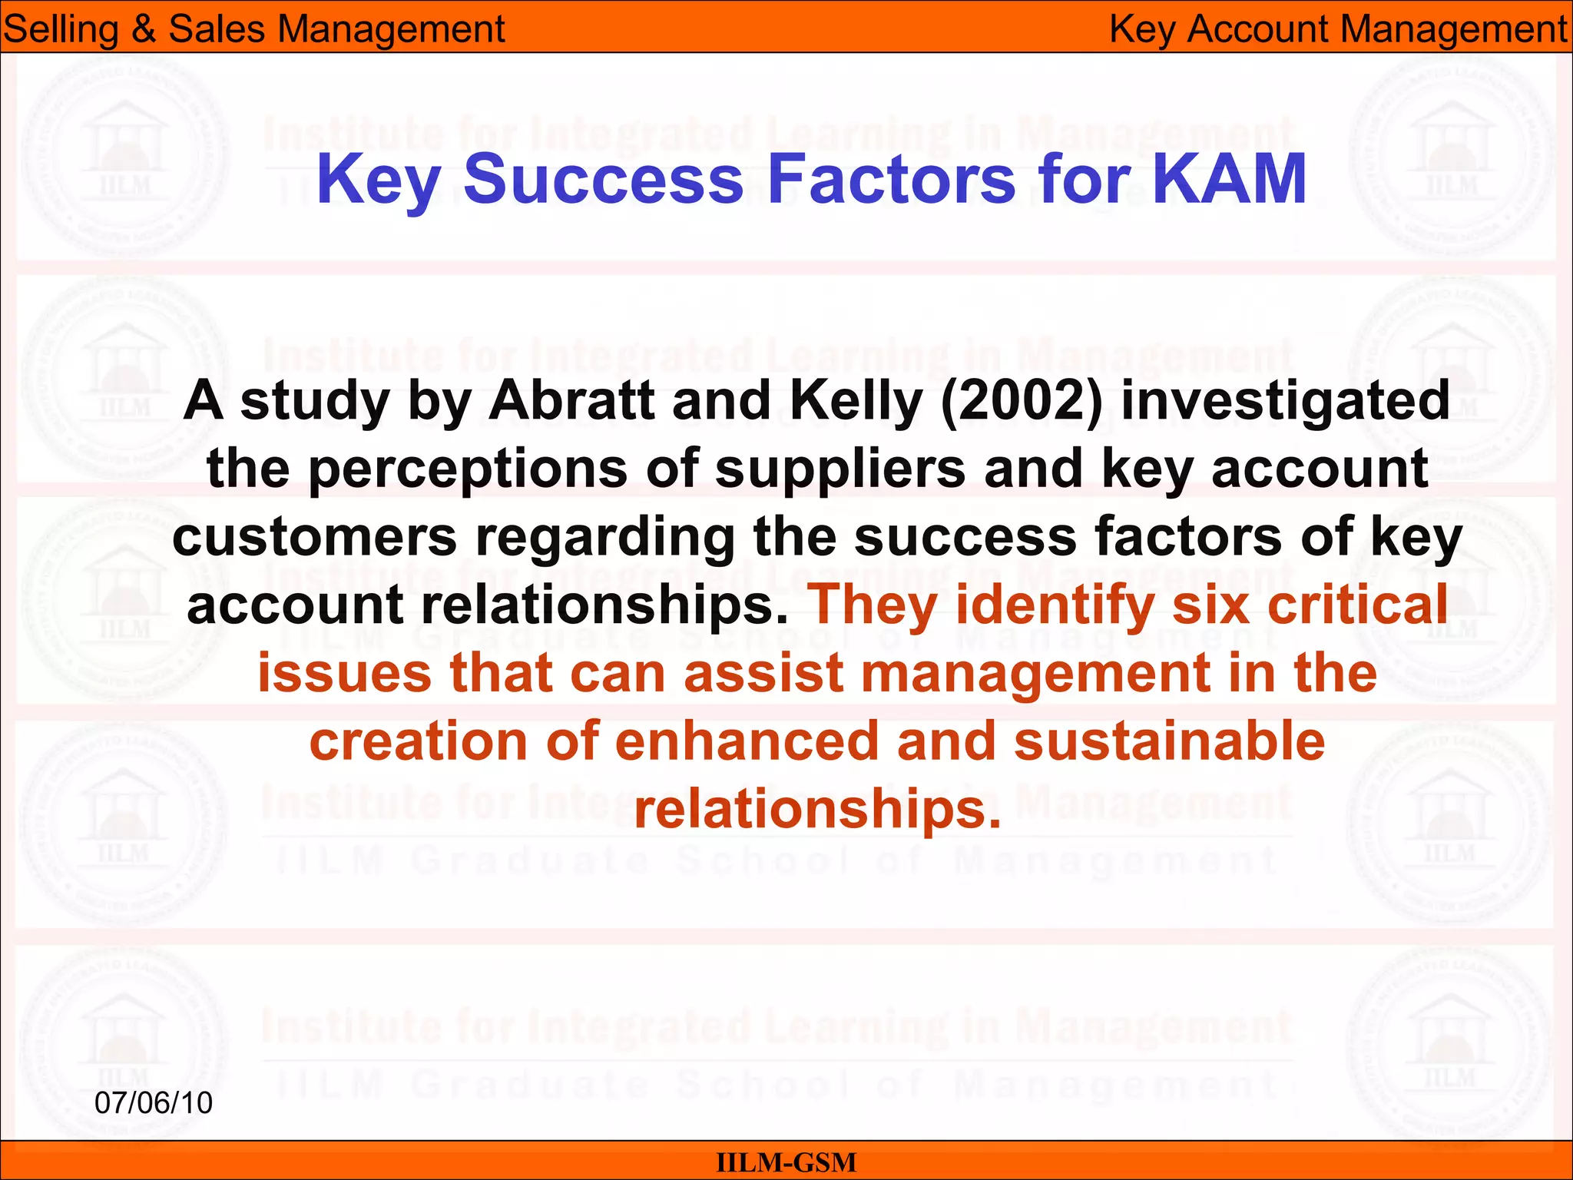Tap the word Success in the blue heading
point(603,179)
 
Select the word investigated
point(1285,401)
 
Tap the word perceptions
point(468,469)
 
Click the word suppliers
point(840,469)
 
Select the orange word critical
point(1357,605)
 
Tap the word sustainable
point(1169,741)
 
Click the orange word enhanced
point(747,741)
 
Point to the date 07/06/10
point(154,1103)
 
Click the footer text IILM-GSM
point(786,1162)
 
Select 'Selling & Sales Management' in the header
point(253,29)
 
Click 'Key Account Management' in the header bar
point(1338,29)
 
